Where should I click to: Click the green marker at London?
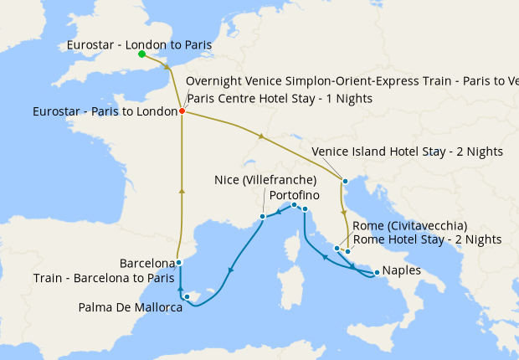click(141, 54)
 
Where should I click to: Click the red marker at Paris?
click(182, 111)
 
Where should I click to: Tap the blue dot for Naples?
click(377, 272)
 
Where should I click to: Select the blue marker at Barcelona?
click(179, 262)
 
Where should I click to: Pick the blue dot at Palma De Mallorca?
click(188, 296)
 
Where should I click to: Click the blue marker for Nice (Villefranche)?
click(263, 216)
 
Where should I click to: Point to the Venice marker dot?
click(344, 181)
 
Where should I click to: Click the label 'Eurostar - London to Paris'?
click(138, 44)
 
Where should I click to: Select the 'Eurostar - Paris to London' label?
click(104, 111)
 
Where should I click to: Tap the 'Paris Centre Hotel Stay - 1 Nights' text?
click(279, 98)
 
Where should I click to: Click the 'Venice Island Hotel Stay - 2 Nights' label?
click(407, 152)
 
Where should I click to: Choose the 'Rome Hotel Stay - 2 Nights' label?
click(427, 239)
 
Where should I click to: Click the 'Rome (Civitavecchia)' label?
click(409, 225)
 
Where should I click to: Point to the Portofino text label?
click(295, 194)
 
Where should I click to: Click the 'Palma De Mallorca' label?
click(131, 307)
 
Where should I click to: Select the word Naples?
click(401, 271)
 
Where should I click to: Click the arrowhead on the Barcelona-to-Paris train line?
click(182, 192)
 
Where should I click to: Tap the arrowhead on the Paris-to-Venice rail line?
click(264, 136)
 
